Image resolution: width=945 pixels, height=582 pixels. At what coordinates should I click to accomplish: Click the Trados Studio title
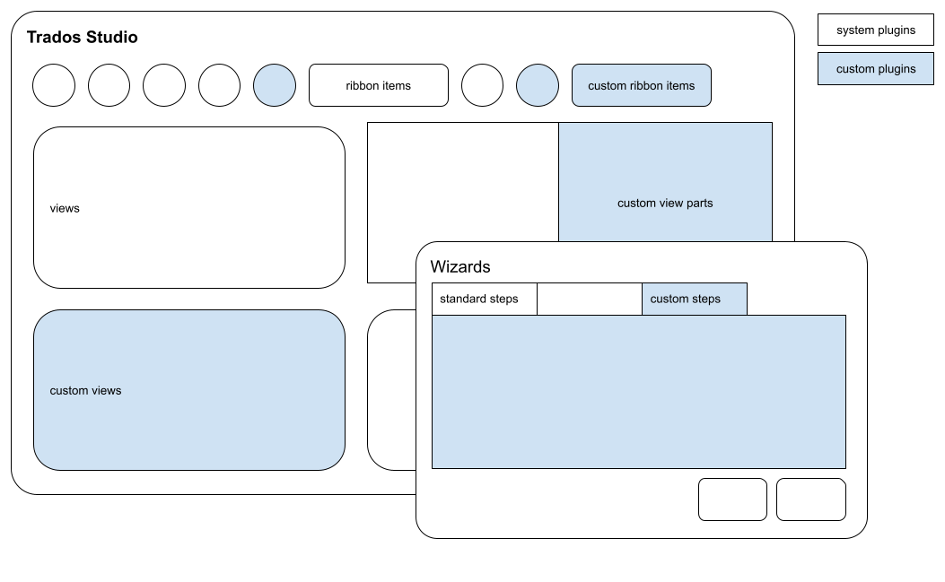coord(82,38)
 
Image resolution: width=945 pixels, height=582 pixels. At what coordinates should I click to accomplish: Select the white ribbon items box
coord(378,85)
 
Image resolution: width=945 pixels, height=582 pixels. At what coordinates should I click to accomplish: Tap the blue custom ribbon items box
coord(641,85)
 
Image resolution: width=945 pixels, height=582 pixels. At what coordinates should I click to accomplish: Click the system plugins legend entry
coord(875,30)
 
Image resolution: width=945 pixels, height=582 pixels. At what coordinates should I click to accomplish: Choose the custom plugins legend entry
coord(875,69)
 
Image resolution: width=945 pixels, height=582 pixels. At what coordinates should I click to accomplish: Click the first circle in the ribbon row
coord(54,85)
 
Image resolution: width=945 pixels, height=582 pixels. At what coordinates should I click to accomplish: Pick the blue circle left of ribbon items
coord(275,85)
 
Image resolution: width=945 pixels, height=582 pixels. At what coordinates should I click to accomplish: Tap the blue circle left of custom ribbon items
coord(538,85)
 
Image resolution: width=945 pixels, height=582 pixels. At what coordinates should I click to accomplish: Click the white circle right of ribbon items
coord(483,85)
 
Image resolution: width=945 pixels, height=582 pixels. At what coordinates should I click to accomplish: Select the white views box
coord(188,207)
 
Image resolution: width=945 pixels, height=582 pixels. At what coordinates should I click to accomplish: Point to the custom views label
coord(85,390)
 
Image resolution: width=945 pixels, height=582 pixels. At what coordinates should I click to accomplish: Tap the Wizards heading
coord(460,266)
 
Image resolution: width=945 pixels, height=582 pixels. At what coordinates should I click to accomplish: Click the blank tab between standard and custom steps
coord(589,299)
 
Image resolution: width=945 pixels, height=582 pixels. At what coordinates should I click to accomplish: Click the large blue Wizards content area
coord(638,391)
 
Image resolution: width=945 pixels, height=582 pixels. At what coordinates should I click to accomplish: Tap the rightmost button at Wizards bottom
coord(810,499)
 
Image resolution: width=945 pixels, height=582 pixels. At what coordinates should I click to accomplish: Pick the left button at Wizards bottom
coord(732,499)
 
